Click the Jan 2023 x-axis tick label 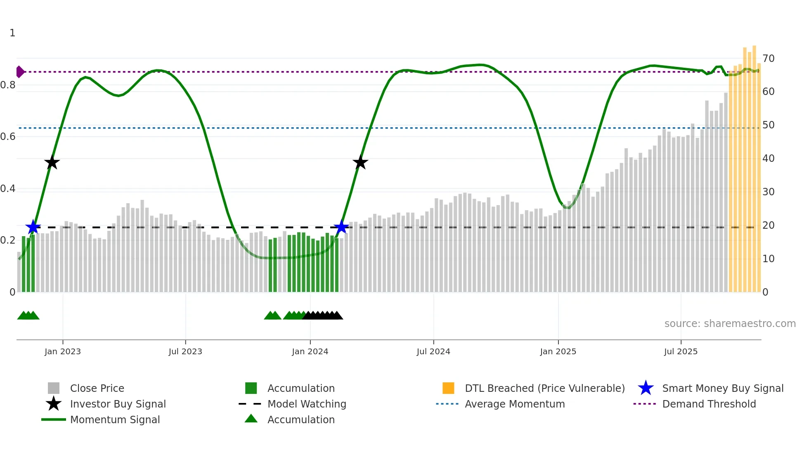tap(63, 351)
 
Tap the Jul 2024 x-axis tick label tap(433, 351)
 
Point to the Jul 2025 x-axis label tap(681, 351)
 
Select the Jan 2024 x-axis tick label tap(310, 351)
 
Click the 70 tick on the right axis tap(768, 59)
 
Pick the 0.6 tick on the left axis tap(8, 137)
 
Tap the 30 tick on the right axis tap(768, 192)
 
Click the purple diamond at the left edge tap(20, 72)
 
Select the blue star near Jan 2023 tap(33, 227)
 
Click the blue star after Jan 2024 tap(341, 227)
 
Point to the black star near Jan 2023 tap(52, 162)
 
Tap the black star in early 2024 tap(360, 162)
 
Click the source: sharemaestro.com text tap(730, 324)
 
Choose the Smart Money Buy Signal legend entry tap(722, 388)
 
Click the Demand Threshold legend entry tap(709, 404)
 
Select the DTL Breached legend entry tap(544, 388)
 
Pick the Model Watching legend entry tap(306, 404)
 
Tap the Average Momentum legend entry tap(514, 404)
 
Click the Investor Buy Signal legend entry tap(118, 404)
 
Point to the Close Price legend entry tap(97, 388)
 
